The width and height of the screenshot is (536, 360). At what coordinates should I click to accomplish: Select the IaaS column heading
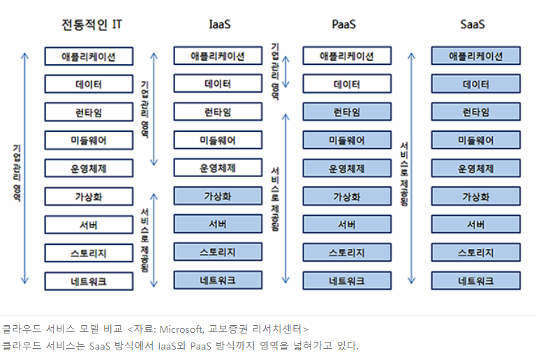click(x=220, y=24)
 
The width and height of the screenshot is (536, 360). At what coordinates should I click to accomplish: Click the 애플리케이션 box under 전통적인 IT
click(x=89, y=57)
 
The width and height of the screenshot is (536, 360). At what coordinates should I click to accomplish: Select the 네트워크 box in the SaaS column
click(x=476, y=281)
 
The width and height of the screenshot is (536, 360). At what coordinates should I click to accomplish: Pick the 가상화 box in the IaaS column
click(x=218, y=197)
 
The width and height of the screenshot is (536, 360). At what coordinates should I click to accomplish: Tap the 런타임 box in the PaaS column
click(x=347, y=112)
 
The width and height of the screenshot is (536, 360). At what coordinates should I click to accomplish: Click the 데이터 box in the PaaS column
click(x=347, y=84)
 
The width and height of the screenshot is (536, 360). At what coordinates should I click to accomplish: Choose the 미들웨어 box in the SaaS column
click(x=476, y=140)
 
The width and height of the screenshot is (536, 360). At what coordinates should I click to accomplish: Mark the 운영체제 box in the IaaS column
click(x=218, y=168)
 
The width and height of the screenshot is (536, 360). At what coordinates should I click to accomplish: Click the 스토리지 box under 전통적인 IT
click(x=89, y=253)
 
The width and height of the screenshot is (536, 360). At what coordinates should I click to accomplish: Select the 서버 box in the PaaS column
click(x=347, y=225)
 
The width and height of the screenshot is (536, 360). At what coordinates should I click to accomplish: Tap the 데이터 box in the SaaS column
click(x=476, y=84)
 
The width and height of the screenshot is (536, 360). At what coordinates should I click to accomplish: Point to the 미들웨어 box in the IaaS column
click(x=218, y=140)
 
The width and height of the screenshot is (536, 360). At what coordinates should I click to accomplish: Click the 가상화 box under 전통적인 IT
click(x=89, y=197)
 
